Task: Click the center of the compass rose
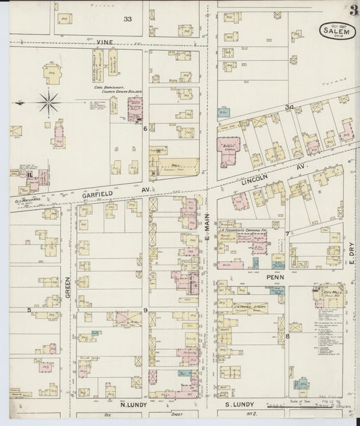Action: (48, 103)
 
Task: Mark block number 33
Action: (127, 19)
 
